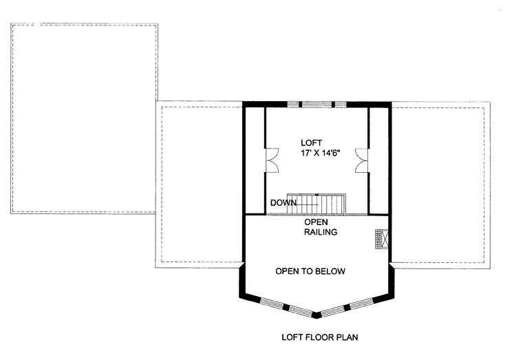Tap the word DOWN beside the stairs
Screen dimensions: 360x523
pos(283,202)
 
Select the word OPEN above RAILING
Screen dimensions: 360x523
pos(317,222)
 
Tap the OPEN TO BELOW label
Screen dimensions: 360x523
pos(310,271)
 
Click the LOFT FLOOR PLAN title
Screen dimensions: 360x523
pos(319,338)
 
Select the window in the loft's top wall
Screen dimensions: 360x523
pos(317,105)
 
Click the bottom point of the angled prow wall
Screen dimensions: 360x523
pos(317,315)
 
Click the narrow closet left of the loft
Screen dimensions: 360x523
pos(255,159)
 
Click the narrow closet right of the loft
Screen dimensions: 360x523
pos(378,159)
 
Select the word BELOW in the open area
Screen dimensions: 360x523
pos(330,271)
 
